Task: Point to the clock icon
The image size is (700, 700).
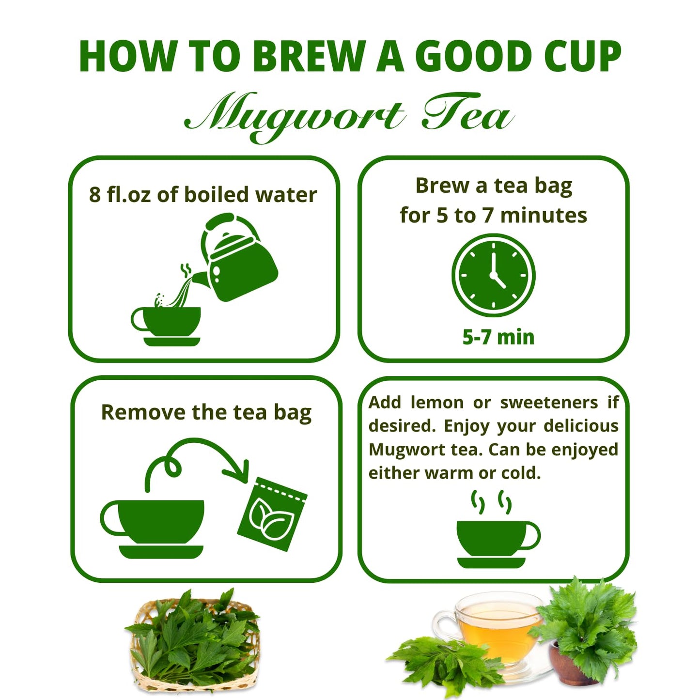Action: point(493,275)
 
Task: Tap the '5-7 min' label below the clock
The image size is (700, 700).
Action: point(498,337)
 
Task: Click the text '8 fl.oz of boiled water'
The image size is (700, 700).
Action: point(203,195)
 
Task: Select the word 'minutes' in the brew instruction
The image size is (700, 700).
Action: point(544,216)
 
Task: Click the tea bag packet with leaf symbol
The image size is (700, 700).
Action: point(272,514)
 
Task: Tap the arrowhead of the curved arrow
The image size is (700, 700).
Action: point(239,472)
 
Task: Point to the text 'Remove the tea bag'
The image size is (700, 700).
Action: point(206,413)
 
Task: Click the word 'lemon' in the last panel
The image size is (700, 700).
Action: point(437,403)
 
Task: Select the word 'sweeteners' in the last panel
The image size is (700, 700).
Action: point(549,403)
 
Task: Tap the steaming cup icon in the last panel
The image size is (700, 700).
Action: point(494,538)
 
